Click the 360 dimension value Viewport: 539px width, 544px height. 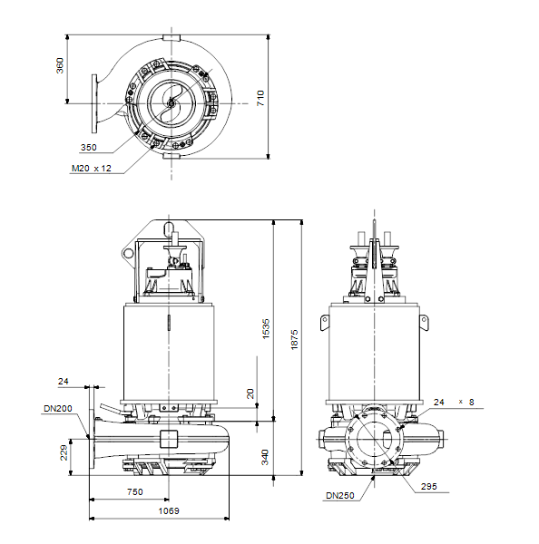pos(60,65)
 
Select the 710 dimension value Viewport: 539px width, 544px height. pos(260,98)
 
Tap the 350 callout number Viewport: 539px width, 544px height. pos(89,148)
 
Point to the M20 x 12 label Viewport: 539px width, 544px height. pos(92,169)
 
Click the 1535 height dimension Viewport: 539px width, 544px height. pos(266,328)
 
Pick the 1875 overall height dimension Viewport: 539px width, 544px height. pos(294,340)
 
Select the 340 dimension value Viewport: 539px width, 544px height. pos(265,457)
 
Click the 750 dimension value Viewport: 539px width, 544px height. pos(135,491)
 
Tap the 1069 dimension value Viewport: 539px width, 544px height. pos(169,510)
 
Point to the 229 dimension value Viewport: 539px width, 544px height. pos(64,453)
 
